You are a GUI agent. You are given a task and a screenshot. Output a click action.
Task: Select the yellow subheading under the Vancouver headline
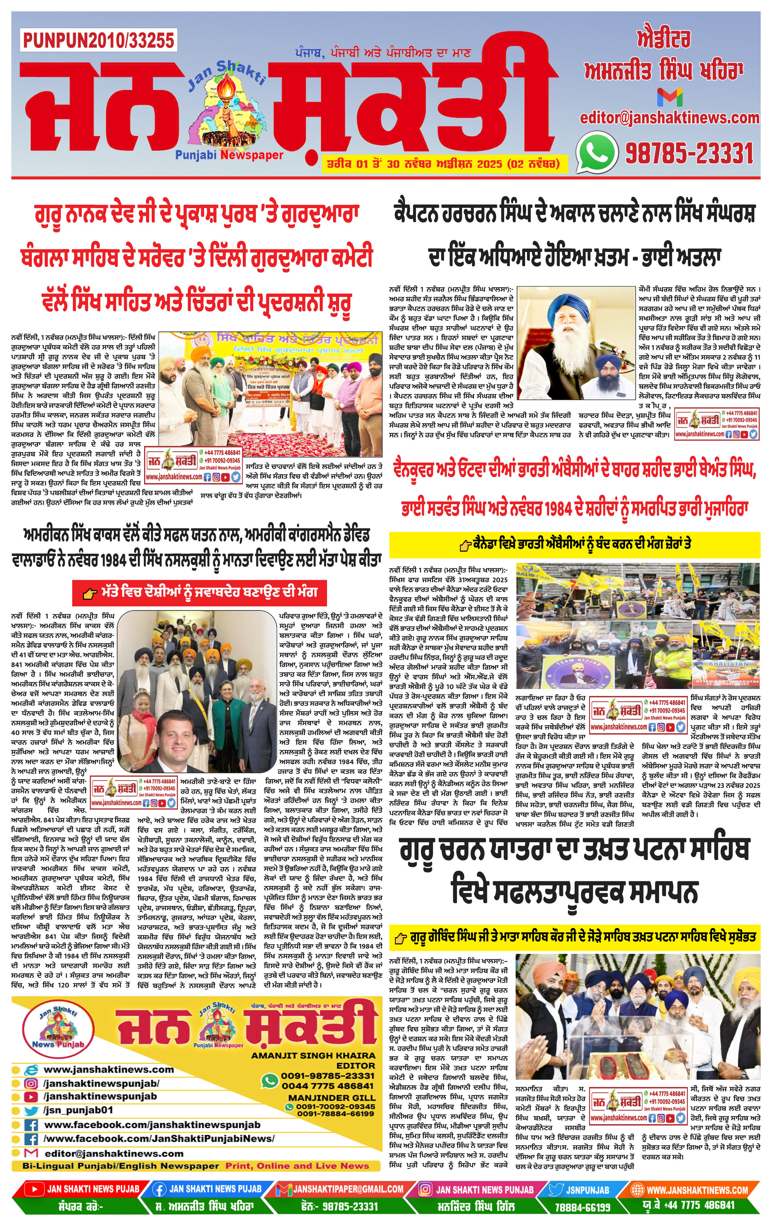click(574, 545)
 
